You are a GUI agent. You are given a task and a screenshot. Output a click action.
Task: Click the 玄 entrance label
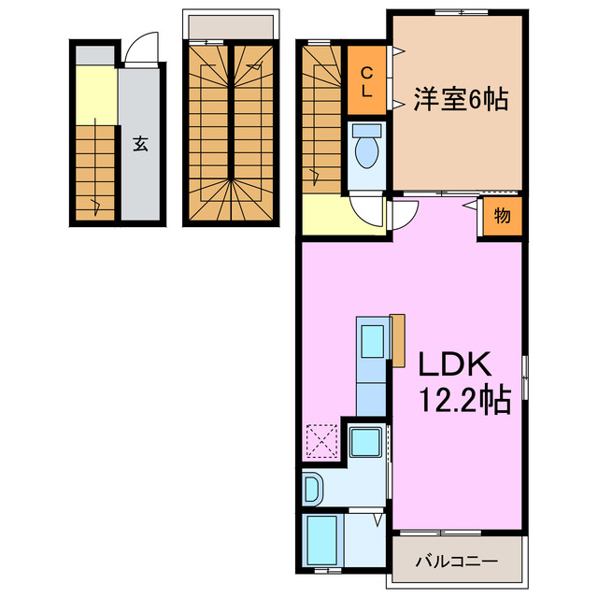pos(139,145)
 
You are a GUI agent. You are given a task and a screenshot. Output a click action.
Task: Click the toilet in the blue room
pos(367,147)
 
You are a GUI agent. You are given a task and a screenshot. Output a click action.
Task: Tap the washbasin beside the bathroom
pos(314,489)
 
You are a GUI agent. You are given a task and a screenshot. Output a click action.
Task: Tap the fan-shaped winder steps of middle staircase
pos(231,201)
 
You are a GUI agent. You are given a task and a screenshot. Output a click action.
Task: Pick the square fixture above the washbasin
pos(363,441)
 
